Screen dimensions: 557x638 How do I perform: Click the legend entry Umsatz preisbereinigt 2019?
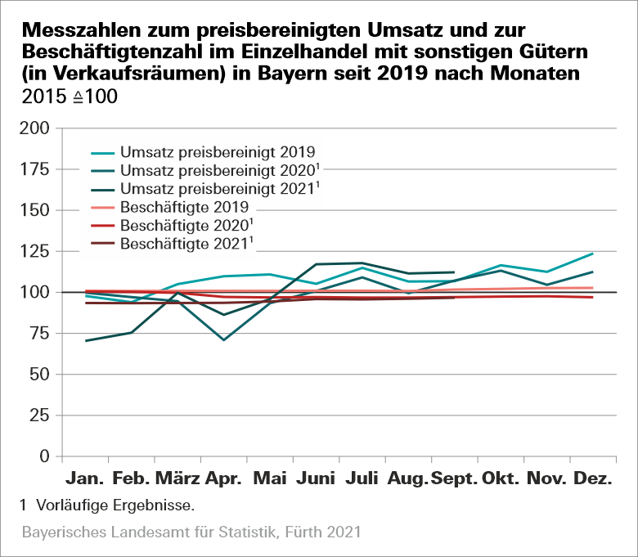pyautogui.click(x=217, y=152)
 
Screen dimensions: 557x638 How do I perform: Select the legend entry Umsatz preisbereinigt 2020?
pyautogui.click(x=217, y=171)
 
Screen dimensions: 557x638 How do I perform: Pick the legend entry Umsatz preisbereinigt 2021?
pyautogui.click(x=217, y=189)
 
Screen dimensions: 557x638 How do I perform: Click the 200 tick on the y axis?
pyautogui.click(x=38, y=128)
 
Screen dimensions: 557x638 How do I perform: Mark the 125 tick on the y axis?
pyautogui.click(x=38, y=251)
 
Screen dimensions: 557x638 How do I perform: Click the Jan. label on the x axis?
pyautogui.click(x=85, y=478)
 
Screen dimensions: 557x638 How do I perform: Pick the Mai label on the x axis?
pyautogui.click(x=271, y=478)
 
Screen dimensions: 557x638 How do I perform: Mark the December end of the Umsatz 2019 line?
pyautogui.click(x=593, y=254)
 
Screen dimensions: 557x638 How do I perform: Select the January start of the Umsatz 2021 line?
pyautogui.click(x=85, y=340)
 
